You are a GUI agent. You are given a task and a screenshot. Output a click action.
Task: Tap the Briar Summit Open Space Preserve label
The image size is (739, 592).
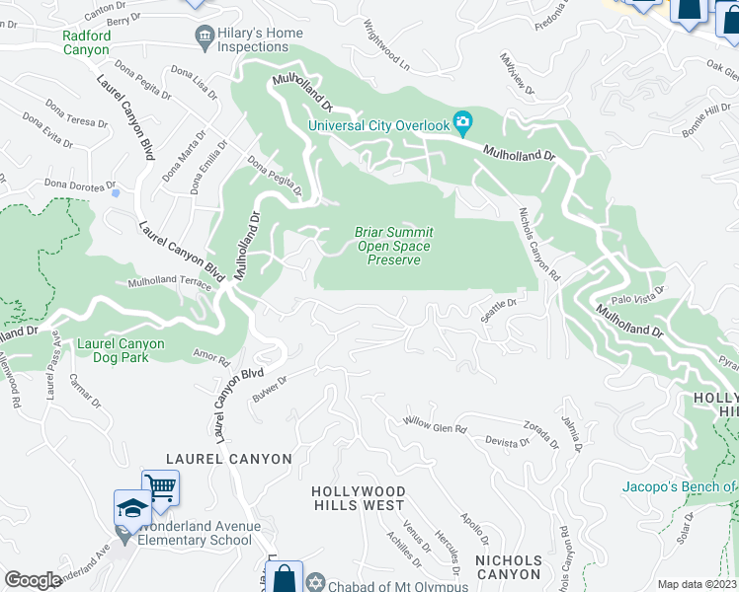tap(394, 246)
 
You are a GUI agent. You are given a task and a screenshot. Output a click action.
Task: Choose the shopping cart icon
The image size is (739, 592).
tap(160, 486)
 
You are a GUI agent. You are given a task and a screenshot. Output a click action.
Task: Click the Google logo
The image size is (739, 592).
tap(33, 580)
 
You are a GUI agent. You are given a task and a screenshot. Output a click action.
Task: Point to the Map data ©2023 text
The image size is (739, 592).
tap(698, 584)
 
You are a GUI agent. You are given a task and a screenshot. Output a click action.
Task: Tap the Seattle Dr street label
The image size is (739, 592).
tap(498, 310)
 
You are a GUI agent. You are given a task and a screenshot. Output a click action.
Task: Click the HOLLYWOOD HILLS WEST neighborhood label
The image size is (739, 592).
tap(358, 498)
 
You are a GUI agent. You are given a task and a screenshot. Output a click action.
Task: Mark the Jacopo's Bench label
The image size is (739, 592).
tap(680, 486)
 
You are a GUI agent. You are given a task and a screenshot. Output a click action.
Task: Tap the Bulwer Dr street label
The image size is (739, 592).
tap(268, 382)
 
